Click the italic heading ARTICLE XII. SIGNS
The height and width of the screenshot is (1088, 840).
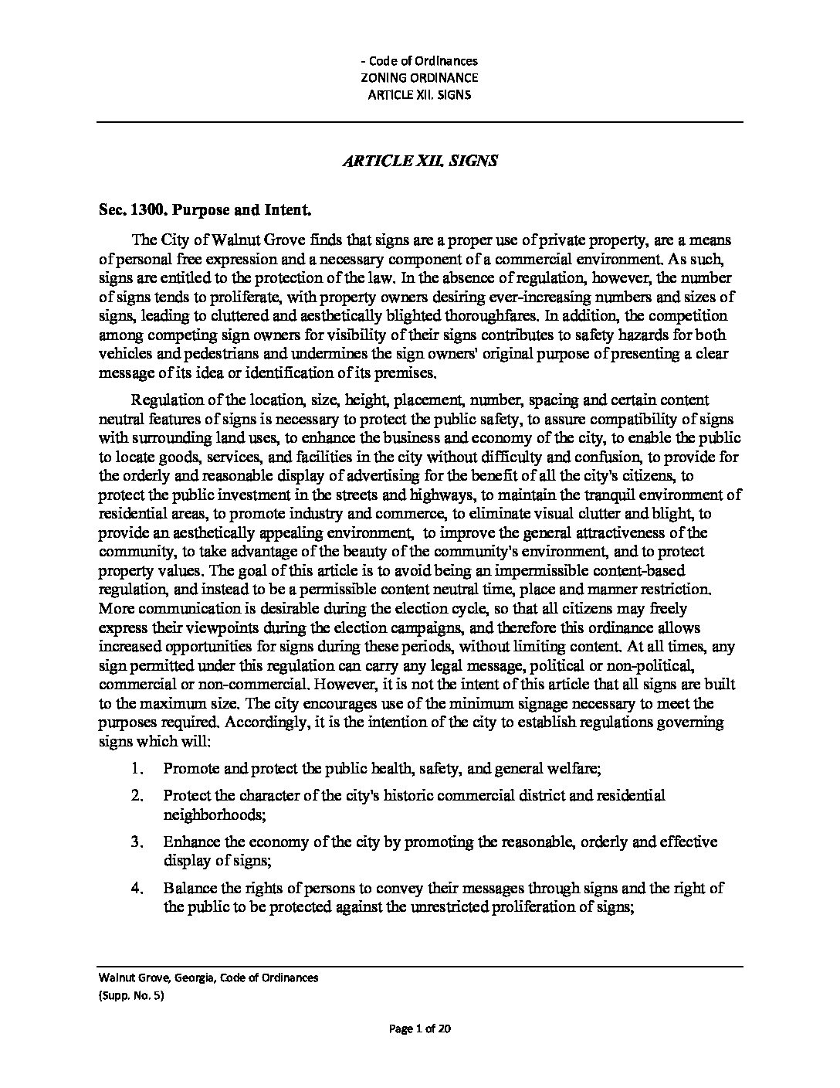(420, 161)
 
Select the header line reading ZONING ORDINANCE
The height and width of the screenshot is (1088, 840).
(420, 77)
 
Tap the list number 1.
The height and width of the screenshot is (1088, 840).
(137, 769)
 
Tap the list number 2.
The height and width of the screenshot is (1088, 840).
(137, 795)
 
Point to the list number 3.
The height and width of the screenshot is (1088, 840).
(137, 841)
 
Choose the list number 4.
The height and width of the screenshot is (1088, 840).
(137, 889)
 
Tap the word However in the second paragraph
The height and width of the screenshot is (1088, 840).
(344, 685)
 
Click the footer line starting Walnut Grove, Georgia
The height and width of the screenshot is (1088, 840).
(208, 978)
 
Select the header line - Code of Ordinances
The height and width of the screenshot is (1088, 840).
(420, 60)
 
